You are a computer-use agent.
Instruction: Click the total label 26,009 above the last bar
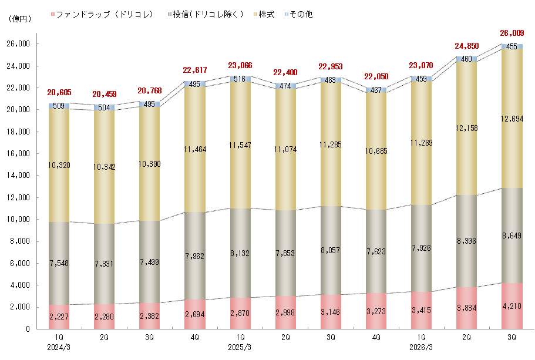point(512,33)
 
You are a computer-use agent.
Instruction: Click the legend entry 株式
point(266,14)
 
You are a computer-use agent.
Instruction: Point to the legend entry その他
point(301,14)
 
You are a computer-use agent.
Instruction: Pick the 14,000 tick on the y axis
point(20,176)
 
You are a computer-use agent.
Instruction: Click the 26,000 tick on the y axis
point(20,44)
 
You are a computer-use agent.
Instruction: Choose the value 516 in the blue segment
point(240,79)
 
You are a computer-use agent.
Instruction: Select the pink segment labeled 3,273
point(376,311)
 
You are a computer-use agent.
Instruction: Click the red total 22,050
point(376,77)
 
